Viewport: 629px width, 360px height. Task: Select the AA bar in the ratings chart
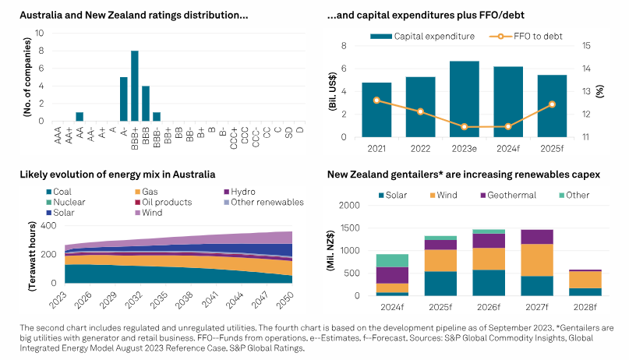(x=80, y=116)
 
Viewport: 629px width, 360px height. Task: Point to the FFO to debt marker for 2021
(x=376, y=100)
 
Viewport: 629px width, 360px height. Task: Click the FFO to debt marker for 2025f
(x=553, y=104)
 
